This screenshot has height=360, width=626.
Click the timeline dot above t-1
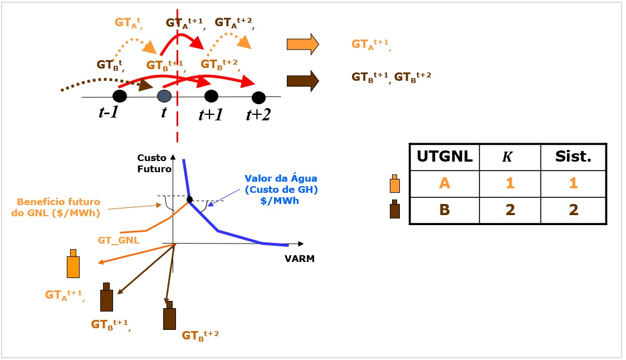point(120,96)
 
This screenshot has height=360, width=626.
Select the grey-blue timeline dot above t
point(164,96)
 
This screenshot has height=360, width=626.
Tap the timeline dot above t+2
point(259,98)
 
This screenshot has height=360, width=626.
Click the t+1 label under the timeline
point(211,115)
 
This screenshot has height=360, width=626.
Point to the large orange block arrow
point(302,44)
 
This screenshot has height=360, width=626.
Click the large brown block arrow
point(302,81)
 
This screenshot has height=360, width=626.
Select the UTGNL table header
point(444,156)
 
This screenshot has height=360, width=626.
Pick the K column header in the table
point(507,157)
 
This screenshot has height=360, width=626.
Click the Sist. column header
point(573,156)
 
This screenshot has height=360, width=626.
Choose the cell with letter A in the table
point(444,183)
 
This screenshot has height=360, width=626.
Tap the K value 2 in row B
point(510,210)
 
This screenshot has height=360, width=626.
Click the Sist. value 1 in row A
point(573,183)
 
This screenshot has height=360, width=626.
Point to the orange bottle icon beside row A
point(394,184)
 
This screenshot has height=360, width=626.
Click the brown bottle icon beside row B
point(394,209)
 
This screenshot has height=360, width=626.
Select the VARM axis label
point(300,259)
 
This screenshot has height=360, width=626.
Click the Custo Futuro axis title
point(154,163)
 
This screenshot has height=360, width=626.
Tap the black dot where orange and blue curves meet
point(189,200)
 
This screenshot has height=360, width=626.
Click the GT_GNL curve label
point(119,241)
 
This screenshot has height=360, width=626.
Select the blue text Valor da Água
point(281,178)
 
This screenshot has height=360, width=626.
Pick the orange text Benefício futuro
point(58,202)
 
